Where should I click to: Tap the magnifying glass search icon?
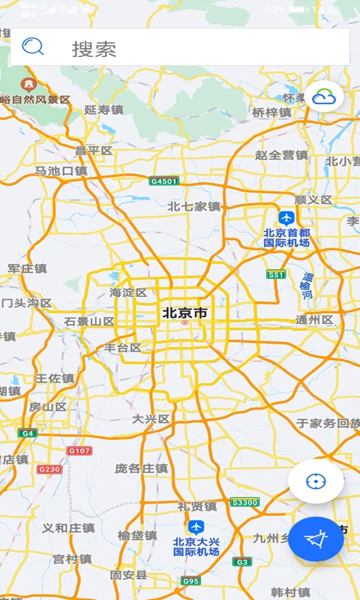pos(33,47)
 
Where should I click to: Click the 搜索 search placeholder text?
pos(94,49)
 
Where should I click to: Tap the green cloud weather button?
pos(323,97)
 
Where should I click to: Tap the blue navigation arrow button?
pos(316,538)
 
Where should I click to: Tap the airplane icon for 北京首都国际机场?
pos(286,217)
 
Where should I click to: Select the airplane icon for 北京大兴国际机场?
pos(196,527)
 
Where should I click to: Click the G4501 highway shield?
pos(163,181)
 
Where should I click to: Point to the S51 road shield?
pos(276,274)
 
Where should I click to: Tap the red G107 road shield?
pos(79,451)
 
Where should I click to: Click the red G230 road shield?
pos(49,469)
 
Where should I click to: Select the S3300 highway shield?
pos(244,502)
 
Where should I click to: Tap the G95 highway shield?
pos(190,580)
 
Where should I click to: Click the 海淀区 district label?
pos(128,292)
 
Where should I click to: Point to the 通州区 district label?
pos(314,319)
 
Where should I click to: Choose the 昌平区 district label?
pos(94,151)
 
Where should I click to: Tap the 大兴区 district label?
pos(151,418)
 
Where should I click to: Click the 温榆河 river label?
pos(307,285)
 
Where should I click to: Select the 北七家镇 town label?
pos(193,206)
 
